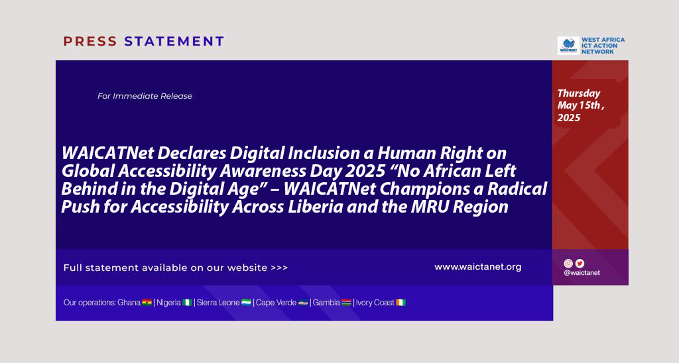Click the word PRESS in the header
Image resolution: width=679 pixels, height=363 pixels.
coord(90,42)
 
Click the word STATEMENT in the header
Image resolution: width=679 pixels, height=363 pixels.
coord(174,42)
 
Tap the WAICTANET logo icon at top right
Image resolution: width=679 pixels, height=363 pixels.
coord(568,46)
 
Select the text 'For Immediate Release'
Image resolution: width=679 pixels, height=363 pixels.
coord(145,96)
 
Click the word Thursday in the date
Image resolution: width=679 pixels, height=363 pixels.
coord(578,93)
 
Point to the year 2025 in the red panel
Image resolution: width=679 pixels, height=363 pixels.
coord(568,118)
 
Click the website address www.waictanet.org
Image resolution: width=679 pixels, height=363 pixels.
coord(477,267)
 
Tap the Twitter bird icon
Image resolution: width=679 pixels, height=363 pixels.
coord(580,264)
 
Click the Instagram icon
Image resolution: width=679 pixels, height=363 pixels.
coord(568,264)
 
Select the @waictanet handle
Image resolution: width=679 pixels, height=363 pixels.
coord(582,273)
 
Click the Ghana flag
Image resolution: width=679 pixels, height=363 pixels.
coord(147,303)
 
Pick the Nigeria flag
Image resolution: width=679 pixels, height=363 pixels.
coord(187,303)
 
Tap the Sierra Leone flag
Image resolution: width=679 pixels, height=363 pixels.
coord(246,303)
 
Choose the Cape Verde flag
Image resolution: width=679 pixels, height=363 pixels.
coord(303,303)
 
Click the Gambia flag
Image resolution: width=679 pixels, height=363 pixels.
coord(346,303)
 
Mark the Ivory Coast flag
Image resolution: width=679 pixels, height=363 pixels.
coord(401,303)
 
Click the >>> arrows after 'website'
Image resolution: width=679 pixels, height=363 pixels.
coord(279,268)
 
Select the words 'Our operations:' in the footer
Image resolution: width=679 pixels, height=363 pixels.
coord(90,303)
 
